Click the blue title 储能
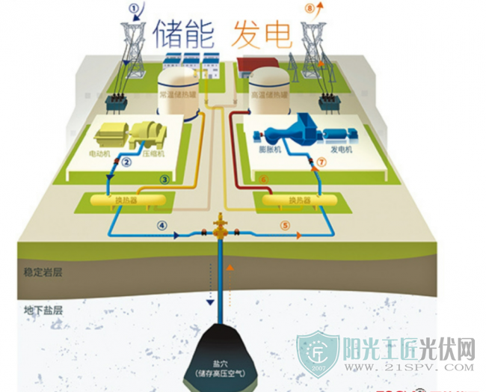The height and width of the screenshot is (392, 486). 184,34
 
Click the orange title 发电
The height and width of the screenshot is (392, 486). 262,34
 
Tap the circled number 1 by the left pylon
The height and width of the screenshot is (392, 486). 135,10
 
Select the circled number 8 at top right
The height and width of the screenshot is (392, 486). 311,10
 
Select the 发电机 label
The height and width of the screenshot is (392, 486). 339,150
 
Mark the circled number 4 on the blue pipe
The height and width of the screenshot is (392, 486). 162,225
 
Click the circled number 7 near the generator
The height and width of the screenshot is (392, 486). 322,162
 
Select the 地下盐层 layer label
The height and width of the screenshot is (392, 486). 43,308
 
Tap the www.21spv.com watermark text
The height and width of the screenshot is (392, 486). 408,367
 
